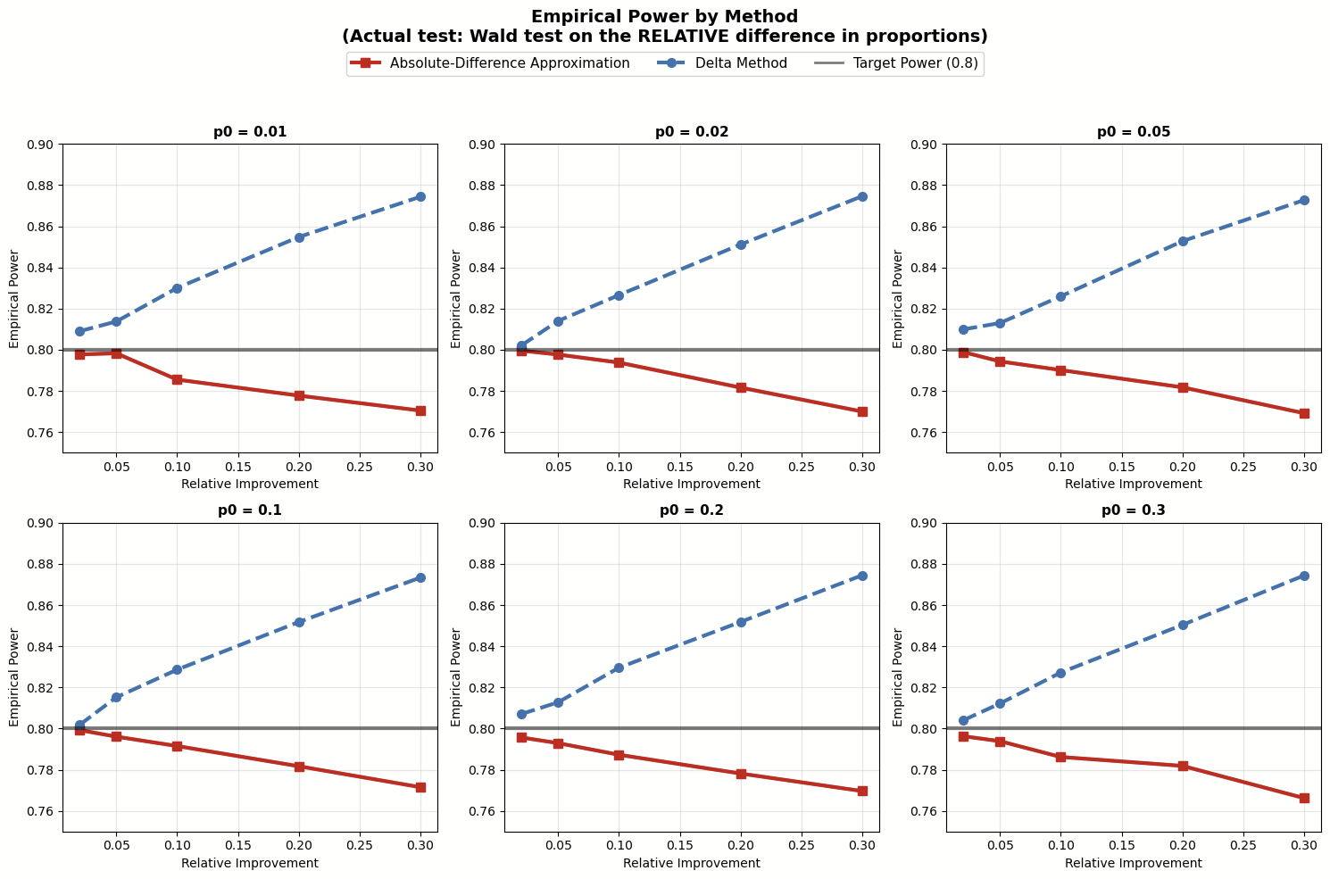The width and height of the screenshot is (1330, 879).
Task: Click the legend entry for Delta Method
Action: pos(744,63)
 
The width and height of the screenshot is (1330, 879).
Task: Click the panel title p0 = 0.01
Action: pos(250,132)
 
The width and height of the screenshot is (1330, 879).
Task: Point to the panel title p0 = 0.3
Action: pos(1134,510)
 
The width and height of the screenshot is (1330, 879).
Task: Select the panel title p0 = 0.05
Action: pos(1134,132)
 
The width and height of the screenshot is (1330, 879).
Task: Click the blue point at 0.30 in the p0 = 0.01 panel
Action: pos(420,196)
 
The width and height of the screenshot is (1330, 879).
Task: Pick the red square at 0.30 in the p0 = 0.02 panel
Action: pos(862,411)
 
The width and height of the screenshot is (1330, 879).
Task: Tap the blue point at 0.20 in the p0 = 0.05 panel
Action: pos(1183,241)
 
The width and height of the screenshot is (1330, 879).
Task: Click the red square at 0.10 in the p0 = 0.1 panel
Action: pos(177,746)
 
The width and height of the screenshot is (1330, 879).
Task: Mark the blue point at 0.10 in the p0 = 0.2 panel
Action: pos(619,668)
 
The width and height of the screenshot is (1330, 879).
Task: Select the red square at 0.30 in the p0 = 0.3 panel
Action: pos(1304,798)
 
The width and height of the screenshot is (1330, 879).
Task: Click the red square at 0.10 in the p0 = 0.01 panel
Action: pos(177,379)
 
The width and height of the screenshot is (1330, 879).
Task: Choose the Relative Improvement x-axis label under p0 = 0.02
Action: pos(692,484)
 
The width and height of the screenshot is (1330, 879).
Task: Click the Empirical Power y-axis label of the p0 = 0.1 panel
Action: pos(14,676)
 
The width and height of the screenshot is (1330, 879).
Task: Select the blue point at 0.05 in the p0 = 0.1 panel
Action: pos(116,697)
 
